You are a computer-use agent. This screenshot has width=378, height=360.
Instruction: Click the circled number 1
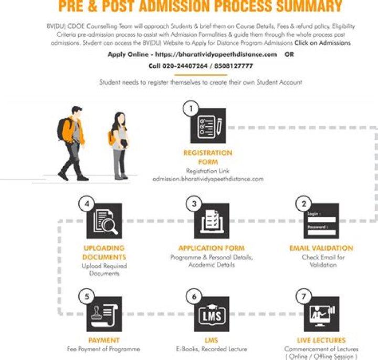pyautogui.click(x=191, y=109)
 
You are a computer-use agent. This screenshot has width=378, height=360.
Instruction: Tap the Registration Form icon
pyautogui.click(x=208, y=126)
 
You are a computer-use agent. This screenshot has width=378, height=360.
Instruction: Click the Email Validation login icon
pyautogui.click(x=321, y=221)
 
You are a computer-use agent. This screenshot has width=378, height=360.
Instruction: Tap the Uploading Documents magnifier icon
pyautogui.click(x=104, y=221)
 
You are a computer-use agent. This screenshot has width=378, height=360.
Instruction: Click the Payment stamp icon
pyautogui.click(x=104, y=314)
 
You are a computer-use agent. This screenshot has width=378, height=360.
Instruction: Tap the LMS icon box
pyautogui.click(x=212, y=314)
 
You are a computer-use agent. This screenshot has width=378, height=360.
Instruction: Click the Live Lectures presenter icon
pyautogui.click(x=321, y=314)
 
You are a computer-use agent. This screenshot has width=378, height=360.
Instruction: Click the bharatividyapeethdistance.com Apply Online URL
pyautogui.click(x=216, y=55)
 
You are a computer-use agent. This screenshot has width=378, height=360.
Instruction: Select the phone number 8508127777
pyautogui.click(x=230, y=66)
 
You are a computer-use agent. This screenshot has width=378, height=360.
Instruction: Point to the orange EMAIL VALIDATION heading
pyautogui.click(x=321, y=248)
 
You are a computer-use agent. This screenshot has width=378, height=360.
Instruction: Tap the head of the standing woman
pyautogui.click(x=119, y=118)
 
